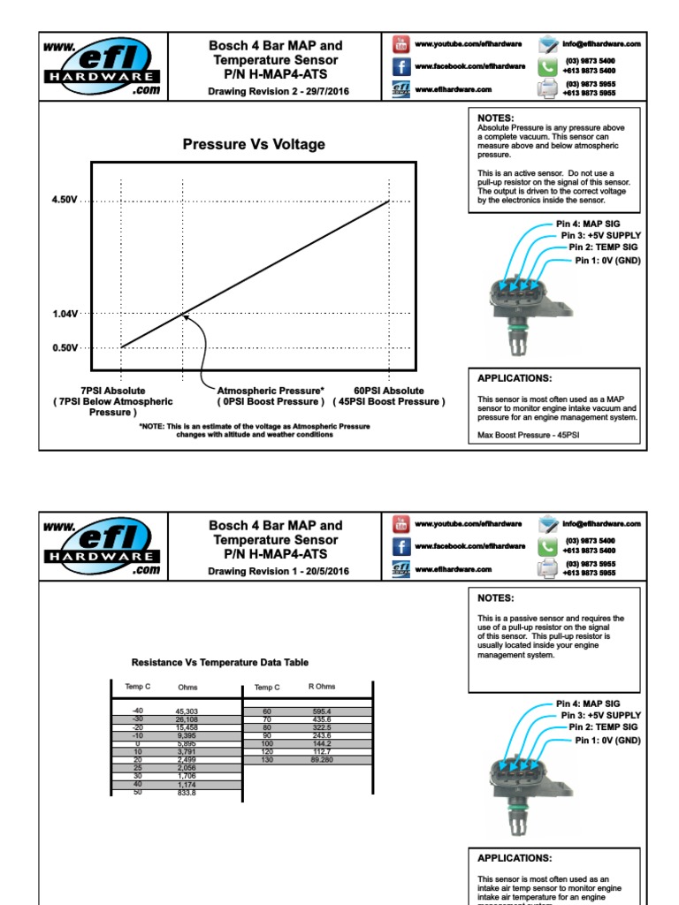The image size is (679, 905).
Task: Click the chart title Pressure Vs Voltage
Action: point(254,144)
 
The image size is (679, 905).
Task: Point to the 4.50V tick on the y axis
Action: point(65,201)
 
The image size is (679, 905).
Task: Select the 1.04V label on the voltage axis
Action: point(65,314)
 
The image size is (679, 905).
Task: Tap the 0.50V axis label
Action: point(65,348)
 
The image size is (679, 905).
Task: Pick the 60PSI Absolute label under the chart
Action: point(389,390)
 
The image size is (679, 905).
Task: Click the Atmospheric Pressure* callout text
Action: point(271,390)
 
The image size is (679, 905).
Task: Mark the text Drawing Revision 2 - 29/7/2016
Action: point(275,91)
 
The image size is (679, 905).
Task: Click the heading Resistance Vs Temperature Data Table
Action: point(220,662)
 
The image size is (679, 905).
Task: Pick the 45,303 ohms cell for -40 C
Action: point(187,711)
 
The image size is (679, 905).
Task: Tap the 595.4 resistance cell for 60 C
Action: point(321,711)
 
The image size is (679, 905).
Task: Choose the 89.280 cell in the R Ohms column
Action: point(321,760)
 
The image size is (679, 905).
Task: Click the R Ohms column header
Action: point(321,687)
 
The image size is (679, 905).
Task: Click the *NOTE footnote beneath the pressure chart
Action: point(254,430)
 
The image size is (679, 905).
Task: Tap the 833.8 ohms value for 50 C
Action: point(187,793)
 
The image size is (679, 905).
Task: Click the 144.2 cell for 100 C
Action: point(321,744)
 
